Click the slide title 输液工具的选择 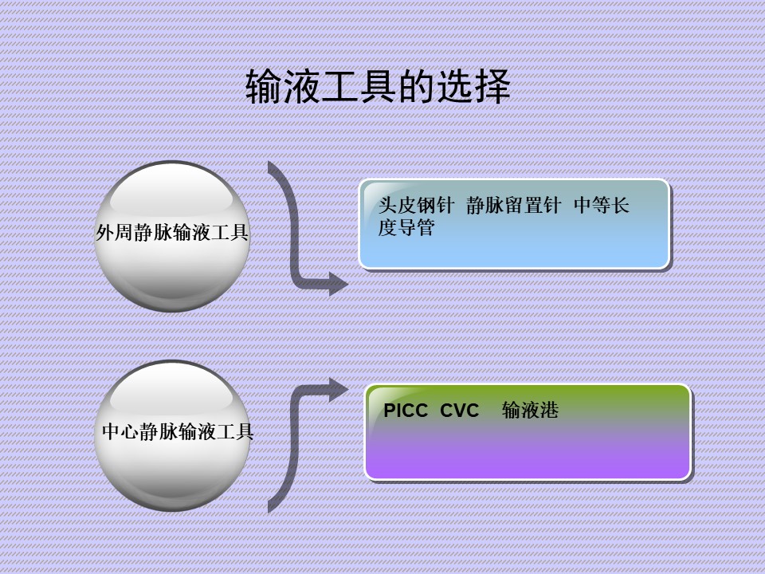[378, 86]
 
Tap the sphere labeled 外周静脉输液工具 [172, 236]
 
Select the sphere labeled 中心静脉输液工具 [172, 436]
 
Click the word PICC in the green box [406, 411]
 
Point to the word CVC [459, 411]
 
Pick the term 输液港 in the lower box [531, 410]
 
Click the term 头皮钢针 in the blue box [416, 206]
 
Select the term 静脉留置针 [514, 206]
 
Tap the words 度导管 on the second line [406, 227]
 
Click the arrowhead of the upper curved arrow [338, 284]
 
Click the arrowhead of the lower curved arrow [338, 390]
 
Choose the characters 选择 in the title [473, 86]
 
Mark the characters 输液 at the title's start [282, 86]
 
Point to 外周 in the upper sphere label [114, 233]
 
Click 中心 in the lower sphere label [121, 432]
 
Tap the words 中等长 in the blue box [602, 206]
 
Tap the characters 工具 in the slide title [359, 86]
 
